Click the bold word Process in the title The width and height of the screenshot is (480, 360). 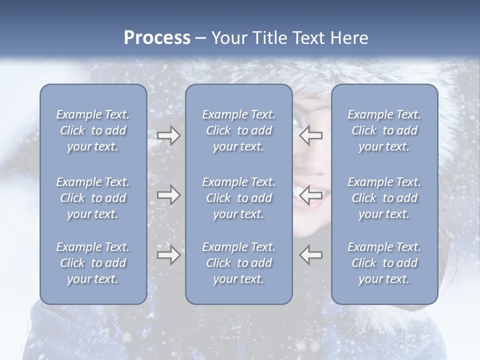(x=157, y=37)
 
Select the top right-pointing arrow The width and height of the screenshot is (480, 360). (x=168, y=135)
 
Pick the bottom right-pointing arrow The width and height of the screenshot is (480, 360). (x=168, y=255)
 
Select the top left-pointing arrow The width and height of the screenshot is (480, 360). (x=311, y=135)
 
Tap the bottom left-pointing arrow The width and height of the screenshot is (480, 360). (x=311, y=255)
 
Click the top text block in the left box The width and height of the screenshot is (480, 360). (x=93, y=130)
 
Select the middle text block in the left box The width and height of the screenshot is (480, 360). (x=93, y=198)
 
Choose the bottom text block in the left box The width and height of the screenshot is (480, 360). (x=93, y=263)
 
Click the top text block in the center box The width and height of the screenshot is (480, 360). (x=238, y=130)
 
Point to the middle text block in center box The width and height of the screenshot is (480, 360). (x=238, y=198)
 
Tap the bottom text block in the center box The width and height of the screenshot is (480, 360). (x=238, y=263)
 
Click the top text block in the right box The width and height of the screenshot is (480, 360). (x=384, y=130)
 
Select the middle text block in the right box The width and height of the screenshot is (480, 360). (x=384, y=198)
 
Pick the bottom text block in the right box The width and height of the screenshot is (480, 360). (x=384, y=263)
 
